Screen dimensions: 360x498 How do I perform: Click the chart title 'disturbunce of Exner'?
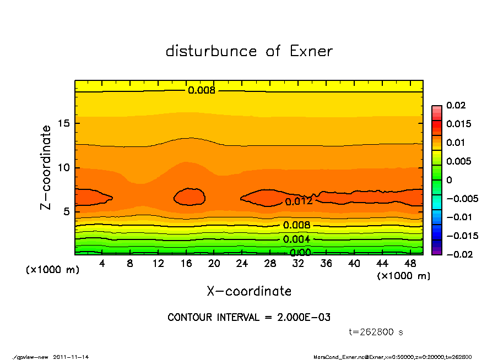(249, 51)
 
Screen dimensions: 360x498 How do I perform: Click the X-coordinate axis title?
(249, 291)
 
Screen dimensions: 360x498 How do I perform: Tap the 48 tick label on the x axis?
(410, 264)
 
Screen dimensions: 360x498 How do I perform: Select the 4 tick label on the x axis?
(102, 264)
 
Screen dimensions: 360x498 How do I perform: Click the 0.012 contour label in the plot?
(299, 201)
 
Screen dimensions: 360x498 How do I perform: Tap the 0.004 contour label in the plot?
(296, 239)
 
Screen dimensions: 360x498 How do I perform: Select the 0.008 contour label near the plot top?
(202, 90)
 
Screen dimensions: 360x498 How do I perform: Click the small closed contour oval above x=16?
(190, 197)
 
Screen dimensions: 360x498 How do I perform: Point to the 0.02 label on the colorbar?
(456, 105)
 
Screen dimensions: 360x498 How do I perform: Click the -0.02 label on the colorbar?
(458, 254)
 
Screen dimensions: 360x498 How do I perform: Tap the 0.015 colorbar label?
(458, 124)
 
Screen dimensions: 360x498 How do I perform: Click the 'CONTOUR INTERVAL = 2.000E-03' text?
(249, 318)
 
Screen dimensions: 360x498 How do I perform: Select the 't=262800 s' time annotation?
(376, 332)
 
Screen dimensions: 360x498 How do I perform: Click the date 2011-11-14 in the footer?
(71, 357)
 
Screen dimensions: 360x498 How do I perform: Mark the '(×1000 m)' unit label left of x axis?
(50, 270)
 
